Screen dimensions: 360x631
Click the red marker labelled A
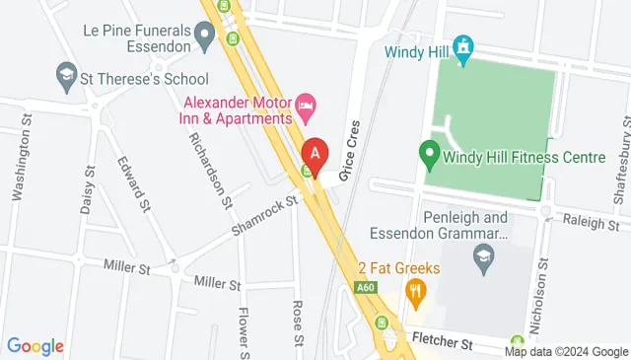click(x=315, y=154)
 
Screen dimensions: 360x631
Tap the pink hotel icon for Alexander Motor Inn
click(x=307, y=103)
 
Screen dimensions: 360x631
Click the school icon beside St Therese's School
click(x=66, y=74)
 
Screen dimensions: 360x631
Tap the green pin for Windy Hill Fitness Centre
click(x=429, y=154)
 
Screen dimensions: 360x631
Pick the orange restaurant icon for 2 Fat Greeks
click(x=415, y=290)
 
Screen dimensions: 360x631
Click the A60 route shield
click(x=366, y=287)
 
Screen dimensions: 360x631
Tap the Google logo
click(x=35, y=346)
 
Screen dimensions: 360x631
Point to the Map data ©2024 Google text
click(x=566, y=351)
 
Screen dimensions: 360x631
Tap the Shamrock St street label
click(x=263, y=215)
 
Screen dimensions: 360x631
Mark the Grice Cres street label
click(x=347, y=156)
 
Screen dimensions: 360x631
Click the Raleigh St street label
click(x=593, y=223)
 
